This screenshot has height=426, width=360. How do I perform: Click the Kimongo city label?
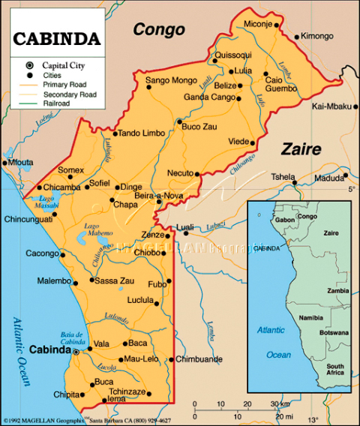316,36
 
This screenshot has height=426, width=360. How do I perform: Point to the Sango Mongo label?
170,79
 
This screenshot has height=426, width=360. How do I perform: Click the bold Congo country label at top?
158,30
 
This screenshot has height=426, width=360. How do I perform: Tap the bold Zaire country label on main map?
301,148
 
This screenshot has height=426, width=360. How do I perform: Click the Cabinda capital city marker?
76,349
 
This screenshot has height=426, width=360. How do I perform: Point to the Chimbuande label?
199,359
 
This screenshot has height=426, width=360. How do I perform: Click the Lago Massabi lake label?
46,201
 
